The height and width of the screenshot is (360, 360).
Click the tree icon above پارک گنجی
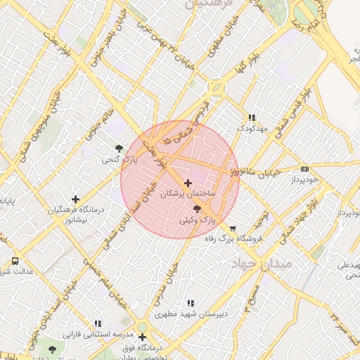(119, 148)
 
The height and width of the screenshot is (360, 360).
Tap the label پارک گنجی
(119, 161)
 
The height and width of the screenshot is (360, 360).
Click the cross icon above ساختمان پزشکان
(188, 183)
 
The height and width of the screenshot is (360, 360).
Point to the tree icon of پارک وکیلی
(197, 209)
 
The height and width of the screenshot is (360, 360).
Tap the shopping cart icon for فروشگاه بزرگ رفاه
(233, 228)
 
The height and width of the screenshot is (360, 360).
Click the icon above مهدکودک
(251, 117)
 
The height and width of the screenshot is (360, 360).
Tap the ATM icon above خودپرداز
(304, 169)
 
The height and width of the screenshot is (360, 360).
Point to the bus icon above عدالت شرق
(15, 262)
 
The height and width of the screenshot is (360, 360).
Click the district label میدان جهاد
(253, 263)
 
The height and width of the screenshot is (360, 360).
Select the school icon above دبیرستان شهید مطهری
(190, 303)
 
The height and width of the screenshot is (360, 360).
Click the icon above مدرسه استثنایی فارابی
(98, 324)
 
